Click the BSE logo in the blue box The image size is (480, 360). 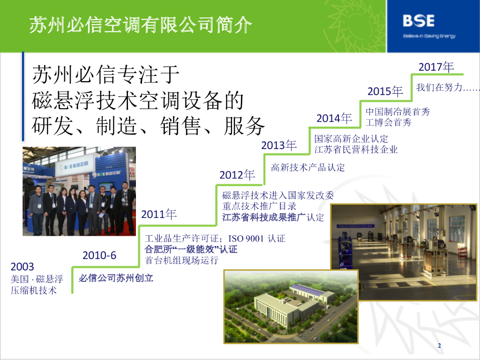[419, 21]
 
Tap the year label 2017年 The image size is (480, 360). [436, 67]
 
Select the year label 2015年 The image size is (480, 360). [385, 91]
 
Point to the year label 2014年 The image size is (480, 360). [334, 118]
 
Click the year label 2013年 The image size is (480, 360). [279, 145]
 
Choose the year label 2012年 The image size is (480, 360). [237, 175]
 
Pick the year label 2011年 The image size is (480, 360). [159, 214]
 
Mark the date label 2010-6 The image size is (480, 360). [99, 255]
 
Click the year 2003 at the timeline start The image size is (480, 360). [22, 267]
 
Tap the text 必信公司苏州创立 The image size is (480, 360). [116, 278]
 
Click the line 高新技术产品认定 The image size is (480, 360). [308, 167]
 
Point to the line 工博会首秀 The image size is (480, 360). [389, 122]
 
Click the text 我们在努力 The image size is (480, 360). [439, 87]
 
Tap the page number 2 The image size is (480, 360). [439, 345]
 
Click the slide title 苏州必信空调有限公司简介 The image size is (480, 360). [141, 24]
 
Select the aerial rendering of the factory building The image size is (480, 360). [291, 307]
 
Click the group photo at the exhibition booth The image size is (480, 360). [79, 191]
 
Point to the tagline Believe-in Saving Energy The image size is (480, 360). [429, 36]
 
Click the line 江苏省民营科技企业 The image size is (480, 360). [356, 150]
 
